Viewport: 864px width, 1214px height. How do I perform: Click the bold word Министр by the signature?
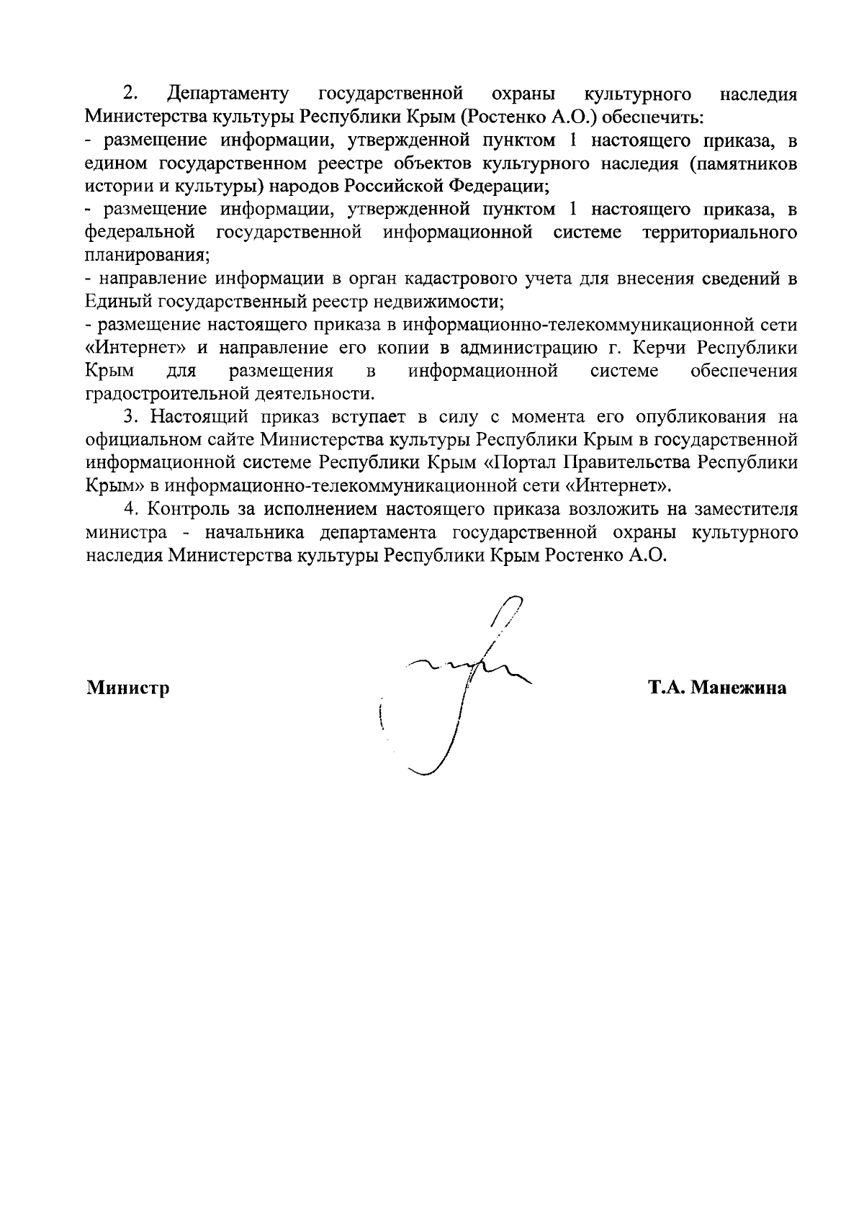(x=128, y=688)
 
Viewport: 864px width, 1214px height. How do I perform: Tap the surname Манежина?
(x=738, y=688)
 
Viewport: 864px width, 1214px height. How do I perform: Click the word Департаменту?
(x=228, y=94)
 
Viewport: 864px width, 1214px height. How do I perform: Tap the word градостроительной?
(x=161, y=394)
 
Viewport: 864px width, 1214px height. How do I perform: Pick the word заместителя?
(x=745, y=509)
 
